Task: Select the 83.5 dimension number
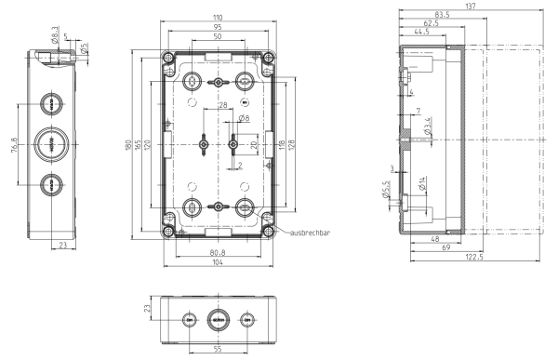click(x=443, y=15)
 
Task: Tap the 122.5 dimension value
click(x=474, y=257)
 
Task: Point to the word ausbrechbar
click(x=311, y=233)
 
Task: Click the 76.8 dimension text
click(x=14, y=145)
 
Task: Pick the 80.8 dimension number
click(x=218, y=253)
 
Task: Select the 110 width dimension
click(x=218, y=18)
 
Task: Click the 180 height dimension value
click(x=128, y=145)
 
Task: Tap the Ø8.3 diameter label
click(x=55, y=35)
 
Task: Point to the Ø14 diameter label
click(x=422, y=183)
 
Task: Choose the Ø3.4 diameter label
click(x=428, y=127)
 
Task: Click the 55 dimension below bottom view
click(x=218, y=349)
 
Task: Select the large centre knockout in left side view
click(x=51, y=144)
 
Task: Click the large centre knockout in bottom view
click(x=218, y=320)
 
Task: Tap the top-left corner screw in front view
click(x=168, y=58)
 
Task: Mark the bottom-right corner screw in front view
click(x=268, y=232)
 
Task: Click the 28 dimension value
click(x=223, y=105)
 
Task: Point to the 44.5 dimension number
click(x=421, y=32)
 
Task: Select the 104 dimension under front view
click(x=218, y=262)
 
